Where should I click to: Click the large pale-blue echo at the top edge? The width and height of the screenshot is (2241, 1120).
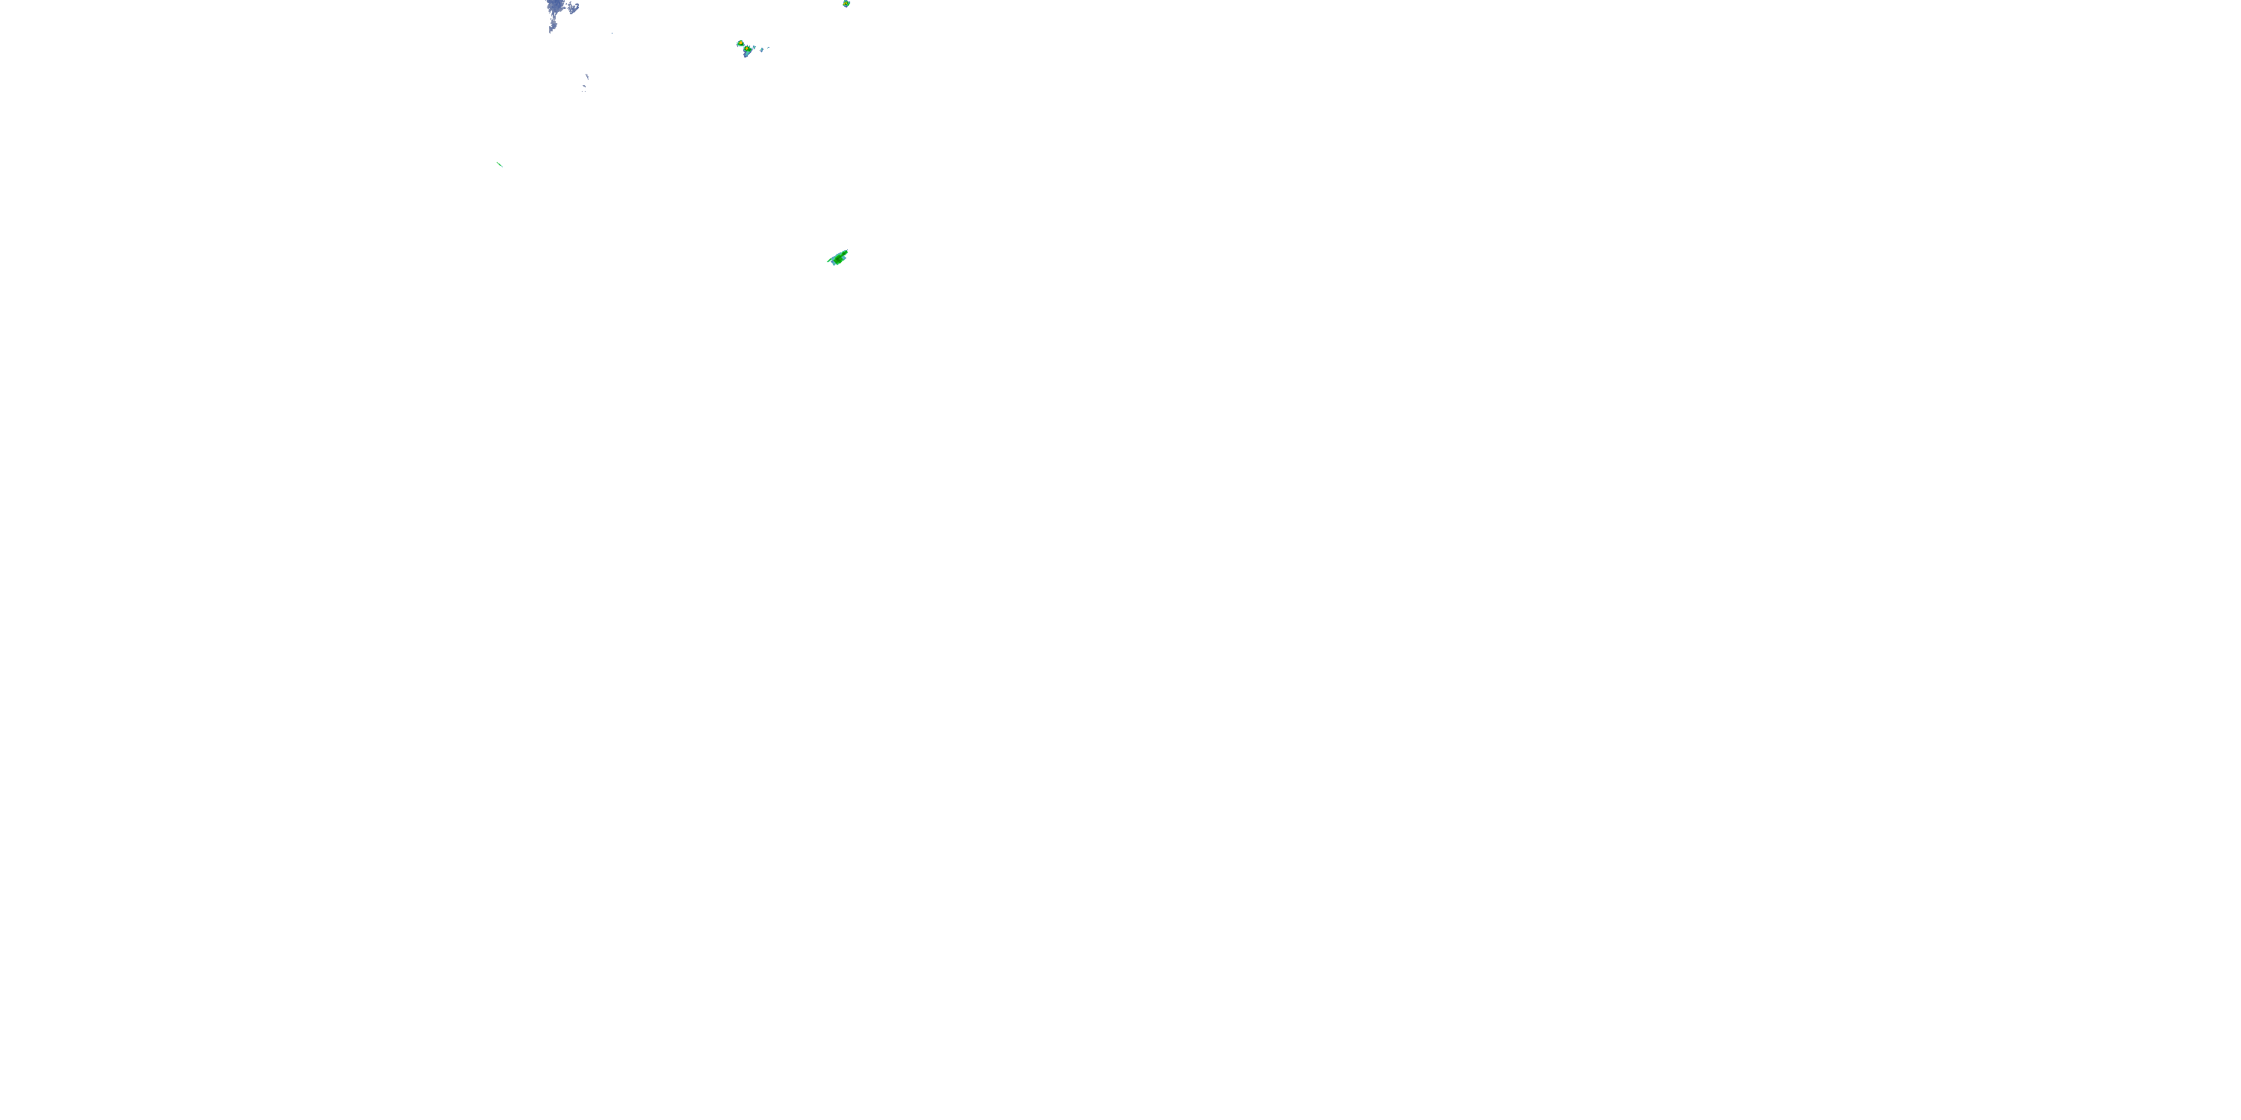[x=556, y=6]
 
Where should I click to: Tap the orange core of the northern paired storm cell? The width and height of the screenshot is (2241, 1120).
[x=741, y=43]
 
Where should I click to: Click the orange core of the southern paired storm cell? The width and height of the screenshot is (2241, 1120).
[x=747, y=49]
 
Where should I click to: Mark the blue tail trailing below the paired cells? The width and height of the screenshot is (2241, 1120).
[x=746, y=55]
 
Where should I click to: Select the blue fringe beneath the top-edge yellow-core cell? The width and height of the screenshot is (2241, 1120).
[x=846, y=7]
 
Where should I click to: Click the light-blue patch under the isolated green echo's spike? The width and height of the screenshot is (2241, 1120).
[x=834, y=263]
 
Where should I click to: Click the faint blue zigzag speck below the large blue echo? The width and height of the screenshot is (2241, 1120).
[x=587, y=76]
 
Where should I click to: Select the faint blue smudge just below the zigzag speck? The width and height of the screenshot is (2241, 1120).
[x=585, y=86]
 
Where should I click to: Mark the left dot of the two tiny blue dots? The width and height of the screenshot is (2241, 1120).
[x=583, y=91]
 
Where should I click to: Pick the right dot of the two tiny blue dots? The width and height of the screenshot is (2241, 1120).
[x=586, y=91]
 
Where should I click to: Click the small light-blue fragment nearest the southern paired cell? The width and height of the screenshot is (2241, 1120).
[x=754, y=48]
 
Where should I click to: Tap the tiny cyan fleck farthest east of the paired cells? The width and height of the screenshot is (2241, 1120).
[x=768, y=48]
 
